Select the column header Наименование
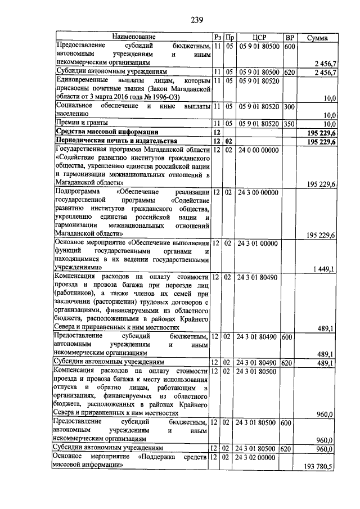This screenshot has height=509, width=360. point(133,37)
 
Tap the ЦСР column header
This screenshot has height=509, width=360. point(259,37)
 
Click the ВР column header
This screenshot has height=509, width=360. point(290,37)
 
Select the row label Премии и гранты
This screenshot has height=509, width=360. point(77,122)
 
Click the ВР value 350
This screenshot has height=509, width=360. point(289,122)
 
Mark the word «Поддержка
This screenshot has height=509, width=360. point(160,458)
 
